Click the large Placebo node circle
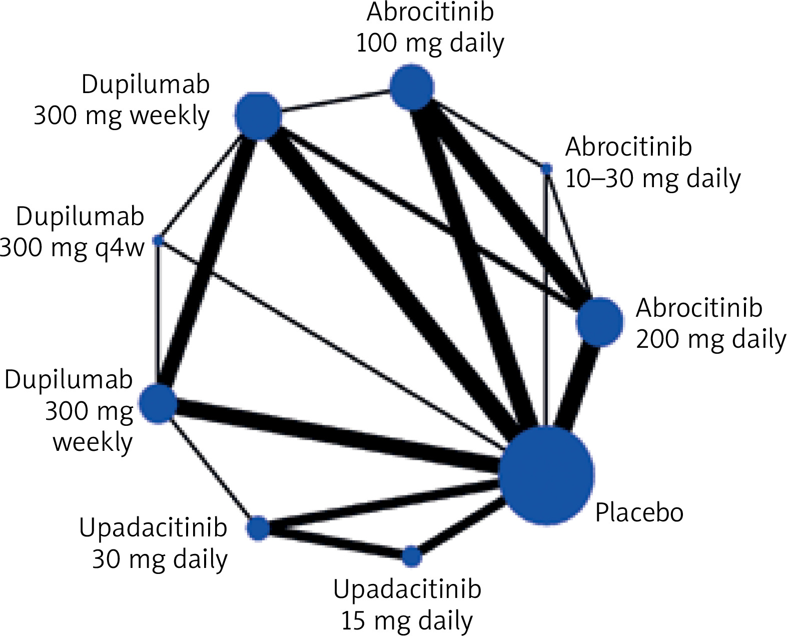click(547, 474)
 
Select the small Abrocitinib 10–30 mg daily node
click(546, 169)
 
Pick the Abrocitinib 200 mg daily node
click(600, 322)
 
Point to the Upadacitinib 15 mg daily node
click(412, 556)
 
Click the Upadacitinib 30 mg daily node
click(258, 528)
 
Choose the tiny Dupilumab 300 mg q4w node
click(159, 241)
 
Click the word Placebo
click(639, 512)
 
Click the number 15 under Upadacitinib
click(353, 621)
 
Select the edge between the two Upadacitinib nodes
click(335, 542)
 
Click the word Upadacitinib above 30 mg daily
click(153, 527)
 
